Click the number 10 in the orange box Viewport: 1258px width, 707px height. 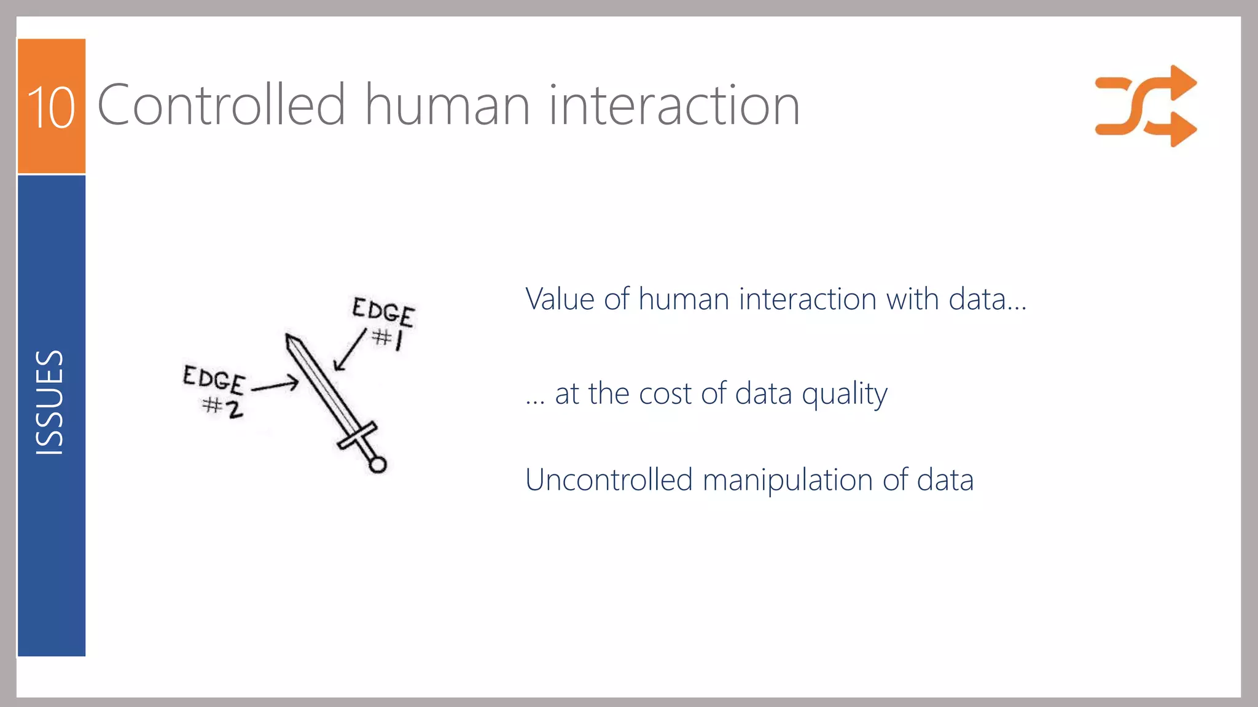51,107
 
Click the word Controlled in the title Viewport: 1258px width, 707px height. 222,105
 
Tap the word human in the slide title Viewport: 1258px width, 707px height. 447,105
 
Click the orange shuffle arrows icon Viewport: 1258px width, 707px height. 1145,106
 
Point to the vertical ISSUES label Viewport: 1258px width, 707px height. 50,402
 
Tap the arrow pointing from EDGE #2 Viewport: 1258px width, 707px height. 275,385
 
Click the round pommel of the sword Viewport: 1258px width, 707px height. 378,465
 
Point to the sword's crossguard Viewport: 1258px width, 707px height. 357,435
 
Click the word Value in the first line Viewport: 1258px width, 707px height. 560,299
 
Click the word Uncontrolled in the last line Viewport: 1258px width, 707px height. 609,480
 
